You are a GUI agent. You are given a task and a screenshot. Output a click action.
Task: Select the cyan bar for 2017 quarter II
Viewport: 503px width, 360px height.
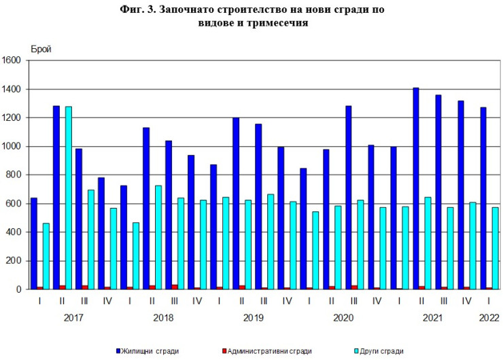[x=68, y=198]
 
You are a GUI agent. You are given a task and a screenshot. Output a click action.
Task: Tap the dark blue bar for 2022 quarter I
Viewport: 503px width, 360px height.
[x=483, y=198]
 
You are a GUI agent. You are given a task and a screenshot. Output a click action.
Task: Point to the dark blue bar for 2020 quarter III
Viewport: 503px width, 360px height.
[x=349, y=197]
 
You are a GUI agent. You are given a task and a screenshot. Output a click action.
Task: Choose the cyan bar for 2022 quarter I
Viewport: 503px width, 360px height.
[x=496, y=248]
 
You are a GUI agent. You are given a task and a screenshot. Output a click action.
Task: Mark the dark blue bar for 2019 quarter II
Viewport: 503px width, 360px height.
[x=236, y=203]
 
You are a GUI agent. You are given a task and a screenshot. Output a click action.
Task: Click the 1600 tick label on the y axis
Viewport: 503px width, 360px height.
[x=13, y=60]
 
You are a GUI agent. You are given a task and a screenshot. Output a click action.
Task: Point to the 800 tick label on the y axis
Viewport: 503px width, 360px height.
[x=15, y=175]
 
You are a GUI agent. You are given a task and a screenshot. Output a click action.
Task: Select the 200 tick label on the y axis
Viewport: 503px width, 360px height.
[x=15, y=261]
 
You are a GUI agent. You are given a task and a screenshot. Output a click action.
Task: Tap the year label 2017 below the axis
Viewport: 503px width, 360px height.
[x=73, y=317]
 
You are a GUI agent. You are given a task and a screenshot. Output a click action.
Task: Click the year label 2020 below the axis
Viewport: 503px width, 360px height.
[x=343, y=317]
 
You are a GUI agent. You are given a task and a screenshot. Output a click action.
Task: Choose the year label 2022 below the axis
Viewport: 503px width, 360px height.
[x=489, y=317]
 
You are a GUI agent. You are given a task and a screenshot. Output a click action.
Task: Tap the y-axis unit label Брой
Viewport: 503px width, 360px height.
[x=41, y=49]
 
